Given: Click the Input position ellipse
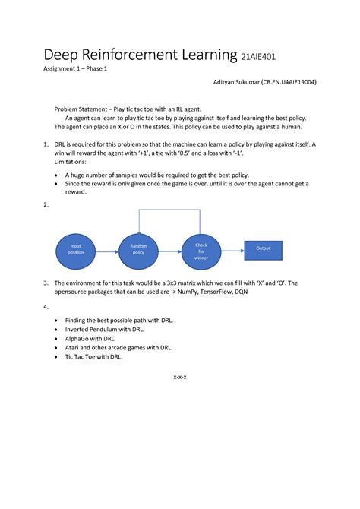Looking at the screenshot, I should [76, 250].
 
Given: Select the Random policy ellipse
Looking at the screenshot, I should [138, 250].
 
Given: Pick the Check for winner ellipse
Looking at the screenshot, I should [201, 250].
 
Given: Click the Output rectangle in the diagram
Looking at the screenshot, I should [263, 248].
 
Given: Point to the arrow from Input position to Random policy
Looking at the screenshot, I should [107, 250].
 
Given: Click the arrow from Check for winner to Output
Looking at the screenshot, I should [232, 249].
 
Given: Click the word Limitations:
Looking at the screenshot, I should [71, 162].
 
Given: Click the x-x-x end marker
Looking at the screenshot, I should [180, 375].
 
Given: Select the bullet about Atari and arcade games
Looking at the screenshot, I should [118, 347].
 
